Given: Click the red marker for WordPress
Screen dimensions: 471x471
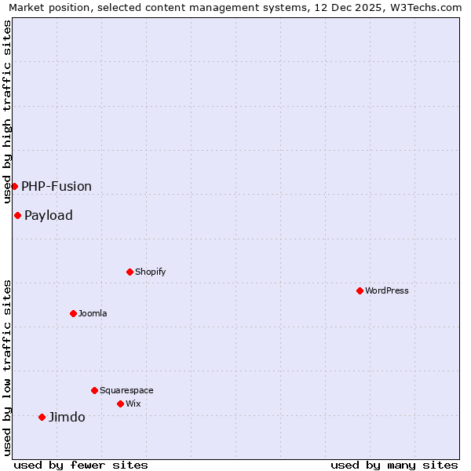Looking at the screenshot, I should [x=360, y=290].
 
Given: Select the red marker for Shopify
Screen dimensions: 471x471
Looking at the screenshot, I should [x=130, y=272].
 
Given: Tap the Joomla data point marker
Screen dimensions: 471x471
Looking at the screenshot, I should [x=73, y=313].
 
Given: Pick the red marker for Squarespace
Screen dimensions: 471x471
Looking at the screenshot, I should [x=94, y=390].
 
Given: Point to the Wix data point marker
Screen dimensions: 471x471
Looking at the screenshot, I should [x=120, y=403].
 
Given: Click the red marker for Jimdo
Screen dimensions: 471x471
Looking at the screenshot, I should [x=42, y=417].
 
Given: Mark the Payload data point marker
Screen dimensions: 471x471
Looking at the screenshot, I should [x=17, y=215].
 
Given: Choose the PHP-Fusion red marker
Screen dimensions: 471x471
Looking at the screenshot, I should [x=14, y=186].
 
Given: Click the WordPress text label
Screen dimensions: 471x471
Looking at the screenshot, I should [x=387, y=290].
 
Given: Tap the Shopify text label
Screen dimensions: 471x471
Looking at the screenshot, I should [x=151, y=272].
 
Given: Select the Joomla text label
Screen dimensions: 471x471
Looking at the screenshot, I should [x=93, y=313].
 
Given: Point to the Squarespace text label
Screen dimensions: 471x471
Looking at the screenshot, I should [x=126, y=390].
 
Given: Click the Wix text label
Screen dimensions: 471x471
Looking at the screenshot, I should [x=133, y=403].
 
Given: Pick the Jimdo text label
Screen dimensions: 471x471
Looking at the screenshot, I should [x=67, y=417].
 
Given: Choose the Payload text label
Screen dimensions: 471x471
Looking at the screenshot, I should [x=49, y=215].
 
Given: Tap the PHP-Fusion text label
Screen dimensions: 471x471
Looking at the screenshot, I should [x=57, y=186].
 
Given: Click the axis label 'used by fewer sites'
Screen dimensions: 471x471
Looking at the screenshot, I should [x=81, y=465].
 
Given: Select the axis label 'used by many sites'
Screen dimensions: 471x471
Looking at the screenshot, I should [x=394, y=465].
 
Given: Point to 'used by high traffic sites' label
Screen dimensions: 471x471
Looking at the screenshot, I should [x=7, y=111].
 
